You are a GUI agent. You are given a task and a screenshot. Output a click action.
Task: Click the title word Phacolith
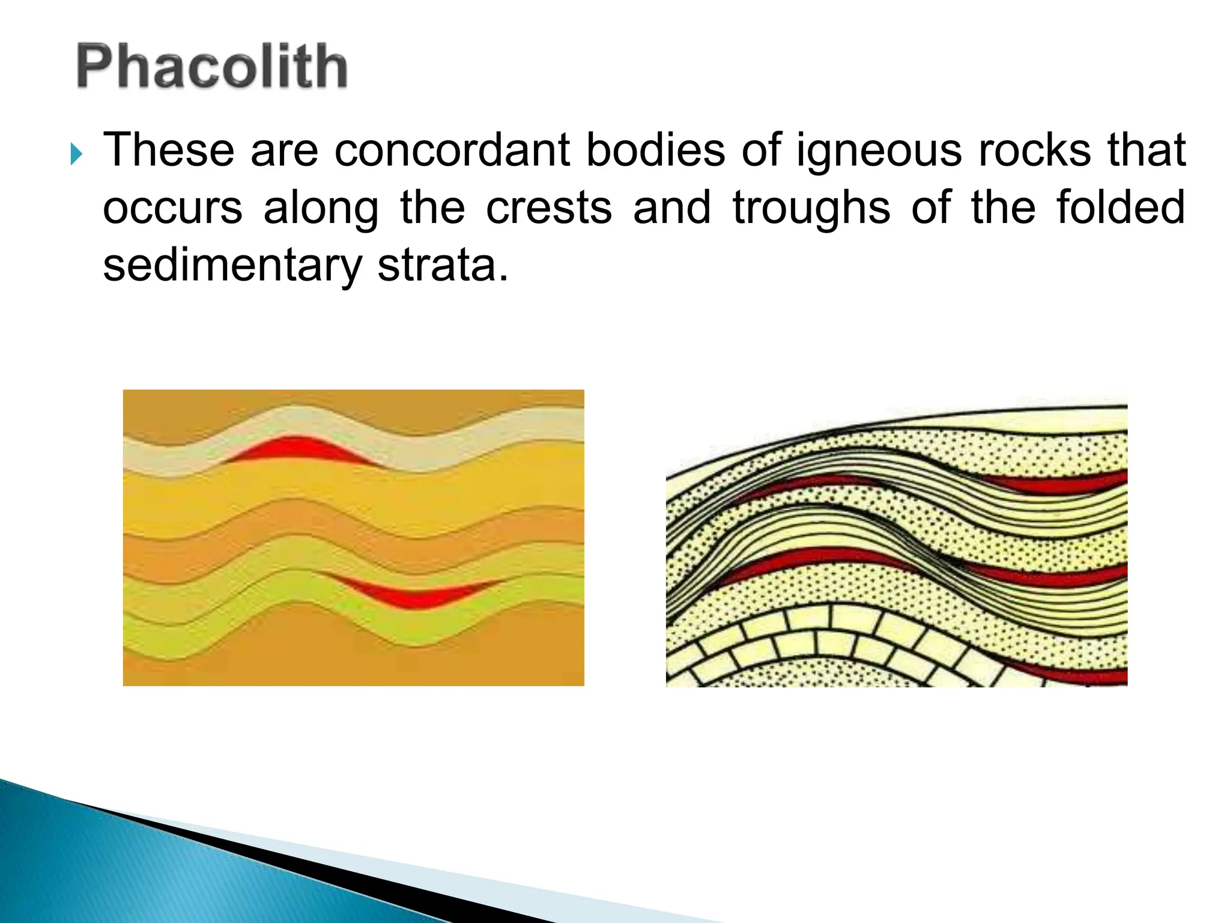[x=211, y=66]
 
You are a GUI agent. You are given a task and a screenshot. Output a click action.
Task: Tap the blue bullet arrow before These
[x=76, y=154]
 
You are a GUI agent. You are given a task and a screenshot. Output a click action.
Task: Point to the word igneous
[x=879, y=151]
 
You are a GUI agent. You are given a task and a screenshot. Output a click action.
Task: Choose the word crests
[x=549, y=207]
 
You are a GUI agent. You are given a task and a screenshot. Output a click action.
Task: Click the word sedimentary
[x=232, y=266]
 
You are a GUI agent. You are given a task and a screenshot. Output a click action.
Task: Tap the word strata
[x=443, y=266]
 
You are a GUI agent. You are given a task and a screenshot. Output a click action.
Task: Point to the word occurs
[x=172, y=208]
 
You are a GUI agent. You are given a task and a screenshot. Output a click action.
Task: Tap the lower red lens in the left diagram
[x=414, y=595]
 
